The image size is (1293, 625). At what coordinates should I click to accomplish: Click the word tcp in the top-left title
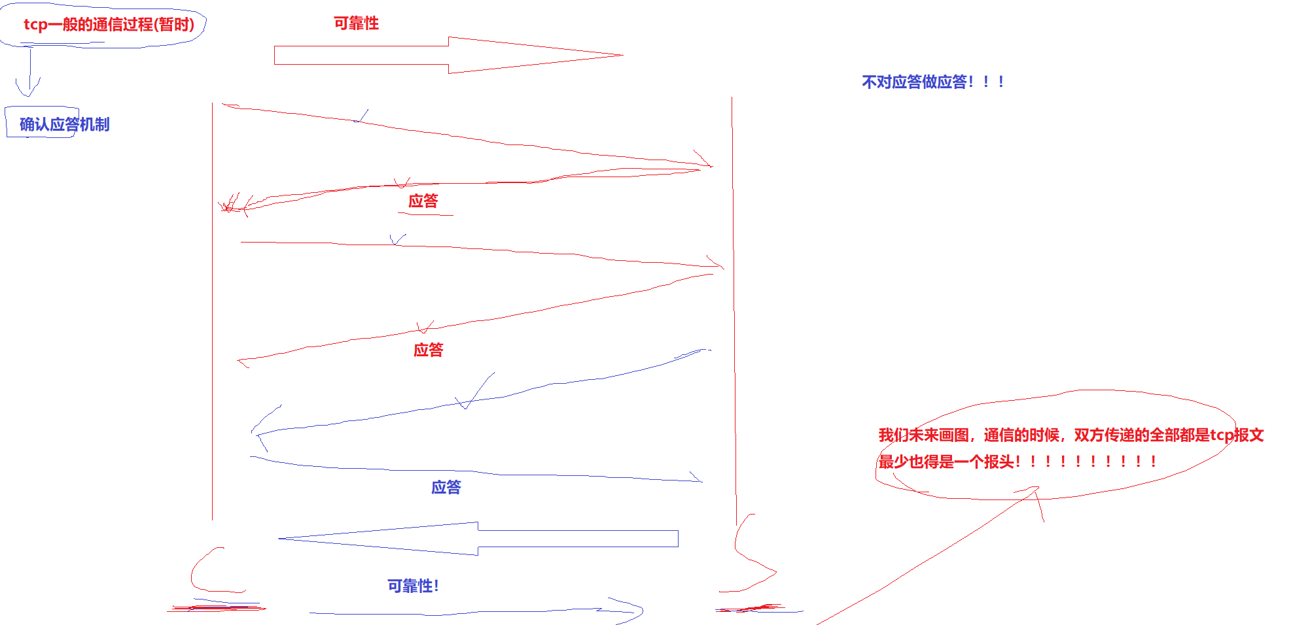click(35, 25)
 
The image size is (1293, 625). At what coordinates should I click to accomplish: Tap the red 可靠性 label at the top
click(356, 24)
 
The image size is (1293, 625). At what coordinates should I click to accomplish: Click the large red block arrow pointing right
click(449, 56)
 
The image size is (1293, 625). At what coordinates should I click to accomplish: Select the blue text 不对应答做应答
click(932, 82)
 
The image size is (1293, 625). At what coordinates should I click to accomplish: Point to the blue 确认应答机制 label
click(64, 124)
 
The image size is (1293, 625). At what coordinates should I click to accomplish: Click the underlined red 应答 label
click(423, 201)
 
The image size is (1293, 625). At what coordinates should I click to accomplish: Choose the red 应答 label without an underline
click(429, 350)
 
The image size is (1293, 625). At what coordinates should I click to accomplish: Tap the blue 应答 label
click(446, 488)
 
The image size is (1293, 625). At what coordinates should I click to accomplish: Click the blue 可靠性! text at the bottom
click(413, 586)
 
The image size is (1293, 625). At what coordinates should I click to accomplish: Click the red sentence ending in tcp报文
click(1071, 435)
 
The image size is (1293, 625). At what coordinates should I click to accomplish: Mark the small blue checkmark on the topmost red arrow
click(361, 117)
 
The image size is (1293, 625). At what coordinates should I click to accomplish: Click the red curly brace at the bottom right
click(753, 556)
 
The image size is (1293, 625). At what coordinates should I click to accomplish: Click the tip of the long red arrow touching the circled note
click(1036, 488)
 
